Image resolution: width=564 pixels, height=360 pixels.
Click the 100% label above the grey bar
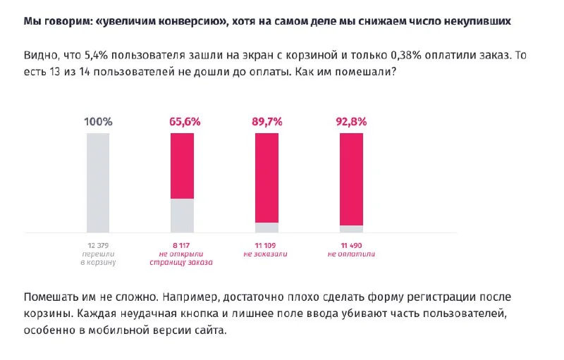(x=98, y=121)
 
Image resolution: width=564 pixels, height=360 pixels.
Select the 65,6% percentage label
(x=183, y=121)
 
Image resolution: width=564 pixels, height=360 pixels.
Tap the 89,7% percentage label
(x=267, y=121)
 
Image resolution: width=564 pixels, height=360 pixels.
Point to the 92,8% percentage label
(x=351, y=121)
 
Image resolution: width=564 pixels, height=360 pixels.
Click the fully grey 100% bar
(x=98, y=182)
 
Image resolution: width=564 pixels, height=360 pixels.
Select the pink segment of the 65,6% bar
(x=183, y=166)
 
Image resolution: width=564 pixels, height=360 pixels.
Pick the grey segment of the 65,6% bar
(x=183, y=216)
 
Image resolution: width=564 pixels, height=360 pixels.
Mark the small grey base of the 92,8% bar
(x=351, y=229)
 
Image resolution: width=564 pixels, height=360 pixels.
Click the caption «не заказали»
(x=267, y=253)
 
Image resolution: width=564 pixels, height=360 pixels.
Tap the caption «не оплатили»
(x=351, y=253)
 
